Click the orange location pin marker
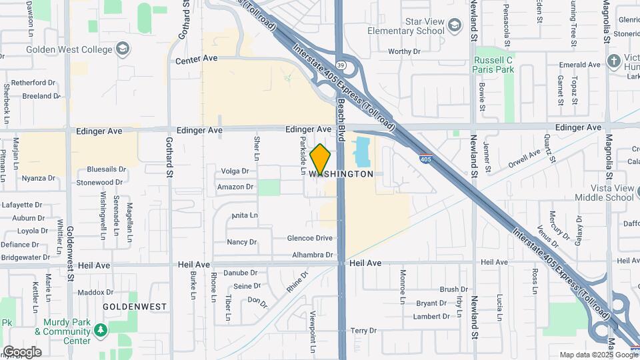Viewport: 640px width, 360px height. pos(321,159)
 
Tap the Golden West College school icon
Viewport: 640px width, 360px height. pos(122,48)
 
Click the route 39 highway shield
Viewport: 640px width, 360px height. pos(340,65)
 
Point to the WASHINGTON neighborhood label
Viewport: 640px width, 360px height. pos(341,174)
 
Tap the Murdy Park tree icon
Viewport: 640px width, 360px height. pos(100,330)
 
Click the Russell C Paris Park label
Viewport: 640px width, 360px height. pos(493,64)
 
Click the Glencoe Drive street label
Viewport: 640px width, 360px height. pos(309,238)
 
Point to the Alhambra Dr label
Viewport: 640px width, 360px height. pos(312,255)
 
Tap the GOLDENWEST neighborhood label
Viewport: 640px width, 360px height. pos(134,306)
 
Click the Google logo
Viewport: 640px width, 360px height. pos(21,352)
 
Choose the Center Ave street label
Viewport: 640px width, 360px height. pos(197,59)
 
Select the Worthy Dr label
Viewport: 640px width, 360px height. pos(404,51)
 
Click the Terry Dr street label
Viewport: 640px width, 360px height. pos(363,331)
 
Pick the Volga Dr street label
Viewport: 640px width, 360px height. pos(235,171)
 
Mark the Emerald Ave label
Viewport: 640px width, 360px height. pos(580,65)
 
